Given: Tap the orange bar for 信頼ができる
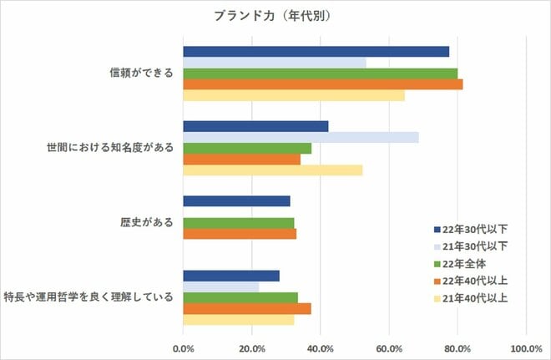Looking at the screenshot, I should (x=322, y=84).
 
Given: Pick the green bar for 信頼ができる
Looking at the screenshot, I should (x=320, y=74).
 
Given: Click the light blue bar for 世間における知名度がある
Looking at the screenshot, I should (x=301, y=137).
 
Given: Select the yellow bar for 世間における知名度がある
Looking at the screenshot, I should (x=272, y=170).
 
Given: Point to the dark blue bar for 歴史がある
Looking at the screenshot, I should (x=236, y=201).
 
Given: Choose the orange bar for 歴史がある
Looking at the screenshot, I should (x=240, y=234).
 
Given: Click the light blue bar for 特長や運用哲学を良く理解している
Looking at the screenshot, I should (x=220, y=287).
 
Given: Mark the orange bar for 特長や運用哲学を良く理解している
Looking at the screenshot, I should (x=246, y=308).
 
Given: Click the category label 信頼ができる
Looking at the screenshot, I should (x=142, y=73).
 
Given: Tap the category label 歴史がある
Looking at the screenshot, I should (x=147, y=223).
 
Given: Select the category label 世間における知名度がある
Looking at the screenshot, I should (x=109, y=148).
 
